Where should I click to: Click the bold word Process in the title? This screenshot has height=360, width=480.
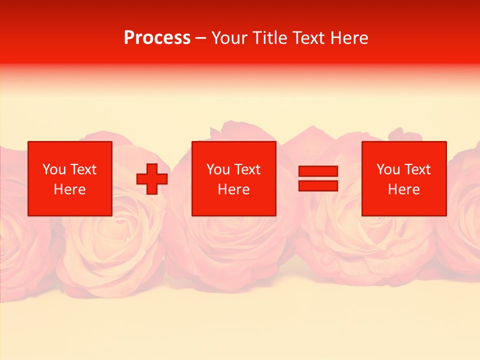[x=157, y=38]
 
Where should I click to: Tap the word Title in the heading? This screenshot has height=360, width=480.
[x=268, y=38]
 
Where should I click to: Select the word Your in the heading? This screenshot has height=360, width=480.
[x=229, y=38]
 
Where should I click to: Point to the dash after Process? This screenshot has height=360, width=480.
[x=201, y=38]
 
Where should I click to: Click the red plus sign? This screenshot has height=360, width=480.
[x=152, y=178]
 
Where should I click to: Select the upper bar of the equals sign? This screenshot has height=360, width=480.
[x=318, y=171]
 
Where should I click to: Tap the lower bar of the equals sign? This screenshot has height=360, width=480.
[x=318, y=185]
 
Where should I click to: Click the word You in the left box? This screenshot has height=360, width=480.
[x=54, y=169]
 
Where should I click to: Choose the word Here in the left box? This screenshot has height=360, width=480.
[x=69, y=189]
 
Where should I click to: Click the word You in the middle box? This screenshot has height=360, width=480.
[x=218, y=169]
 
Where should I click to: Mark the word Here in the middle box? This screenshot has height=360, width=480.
[x=233, y=189]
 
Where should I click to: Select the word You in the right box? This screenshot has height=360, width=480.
[x=388, y=169]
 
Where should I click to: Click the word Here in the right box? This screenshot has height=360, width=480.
[x=403, y=189]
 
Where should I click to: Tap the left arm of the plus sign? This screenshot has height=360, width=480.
[x=141, y=178]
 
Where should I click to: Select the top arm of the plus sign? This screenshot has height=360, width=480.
[x=152, y=168]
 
